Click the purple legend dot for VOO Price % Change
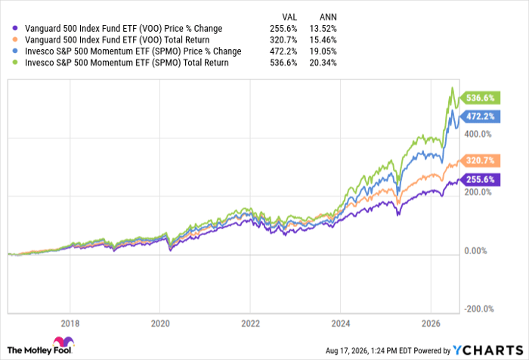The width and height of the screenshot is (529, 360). click(15, 29)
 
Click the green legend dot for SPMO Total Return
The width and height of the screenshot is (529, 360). click(15, 63)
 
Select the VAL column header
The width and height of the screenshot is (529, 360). click(289, 17)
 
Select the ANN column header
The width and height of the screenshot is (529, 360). click(328, 17)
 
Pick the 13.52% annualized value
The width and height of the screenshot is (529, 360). click(323, 29)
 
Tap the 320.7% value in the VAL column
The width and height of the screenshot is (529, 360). click(283, 40)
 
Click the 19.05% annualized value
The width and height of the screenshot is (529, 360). click(323, 51)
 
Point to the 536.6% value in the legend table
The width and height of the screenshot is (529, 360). click(283, 63)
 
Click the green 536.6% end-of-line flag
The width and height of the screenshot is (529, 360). click(480, 98)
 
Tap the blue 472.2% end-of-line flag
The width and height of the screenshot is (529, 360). click(480, 116)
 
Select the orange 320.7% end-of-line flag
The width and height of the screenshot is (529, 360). click(480, 160)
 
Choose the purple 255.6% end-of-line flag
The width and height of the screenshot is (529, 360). click(480, 179)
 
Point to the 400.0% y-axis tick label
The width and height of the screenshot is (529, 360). click(478, 134)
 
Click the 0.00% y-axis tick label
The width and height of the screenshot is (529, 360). click(475, 250)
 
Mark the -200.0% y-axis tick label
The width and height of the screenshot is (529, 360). click(478, 309)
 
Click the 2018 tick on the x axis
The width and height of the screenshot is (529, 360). click(70, 324)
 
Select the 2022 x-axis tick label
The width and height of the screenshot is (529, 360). click(250, 324)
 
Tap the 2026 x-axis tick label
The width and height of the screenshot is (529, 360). click(431, 324)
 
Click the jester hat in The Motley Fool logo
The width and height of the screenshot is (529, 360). click(63, 342)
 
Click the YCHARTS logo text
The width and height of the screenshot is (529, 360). click(488, 350)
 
